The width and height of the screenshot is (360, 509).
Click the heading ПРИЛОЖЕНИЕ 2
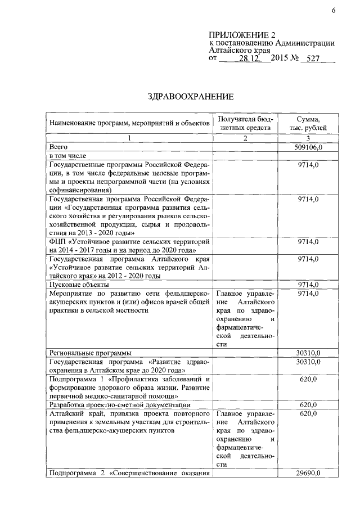[x=242, y=35]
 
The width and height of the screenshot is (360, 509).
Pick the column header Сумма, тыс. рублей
[x=308, y=124]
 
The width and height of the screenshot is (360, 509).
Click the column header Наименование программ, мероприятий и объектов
[x=129, y=123]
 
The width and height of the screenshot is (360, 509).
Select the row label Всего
[x=59, y=146]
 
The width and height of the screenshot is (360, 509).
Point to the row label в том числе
[x=67, y=155]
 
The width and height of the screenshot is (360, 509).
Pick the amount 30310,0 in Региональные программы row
[x=308, y=353]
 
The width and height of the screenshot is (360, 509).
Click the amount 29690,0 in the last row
[x=308, y=474]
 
